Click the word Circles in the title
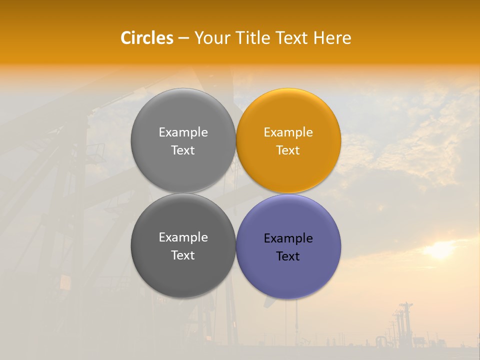pyautogui.click(x=147, y=38)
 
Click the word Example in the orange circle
pyautogui.click(x=288, y=132)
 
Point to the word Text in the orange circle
pyautogui.click(x=288, y=150)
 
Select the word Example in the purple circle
pyautogui.click(x=288, y=238)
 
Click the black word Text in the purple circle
pyautogui.click(x=288, y=256)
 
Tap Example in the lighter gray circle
pyautogui.click(x=183, y=132)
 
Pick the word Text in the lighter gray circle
pyautogui.click(x=183, y=150)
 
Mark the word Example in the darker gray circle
pyautogui.click(x=183, y=237)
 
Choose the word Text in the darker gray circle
pyautogui.click(x=183, y=255)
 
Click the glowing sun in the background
pyautogui.click(x=440, y=250)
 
